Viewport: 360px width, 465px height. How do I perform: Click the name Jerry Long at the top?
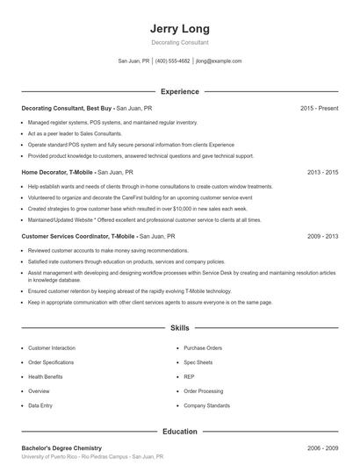(x=179, y=27)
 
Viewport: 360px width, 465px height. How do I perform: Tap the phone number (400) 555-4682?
(x=172, y=61)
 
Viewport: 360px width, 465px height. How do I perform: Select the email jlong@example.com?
(x=219, y=61)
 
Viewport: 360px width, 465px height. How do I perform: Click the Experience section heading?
(x=179, y=91)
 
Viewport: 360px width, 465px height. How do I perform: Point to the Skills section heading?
(x=179, y=327)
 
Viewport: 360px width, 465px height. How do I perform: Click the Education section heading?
(x=179, y=431)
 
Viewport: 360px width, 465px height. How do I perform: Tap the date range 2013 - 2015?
(x=322, y=173)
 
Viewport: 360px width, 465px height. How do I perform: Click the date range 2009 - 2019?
(x=322, y=236)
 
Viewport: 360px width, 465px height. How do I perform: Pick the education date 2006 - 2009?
(x=322, y=447)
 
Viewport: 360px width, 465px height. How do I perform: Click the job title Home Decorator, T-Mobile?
(x=56, y=173)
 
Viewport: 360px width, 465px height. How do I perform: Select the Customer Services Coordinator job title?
(x=77, y=236)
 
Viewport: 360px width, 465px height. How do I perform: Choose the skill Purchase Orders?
(x=202, y=347)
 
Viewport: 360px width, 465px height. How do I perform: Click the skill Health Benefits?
(x=45, y=376)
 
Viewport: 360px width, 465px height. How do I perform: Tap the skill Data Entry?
(x=40, y=405)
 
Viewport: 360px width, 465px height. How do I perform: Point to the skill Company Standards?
(x=207, y=405)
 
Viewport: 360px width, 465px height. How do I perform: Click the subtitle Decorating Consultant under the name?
(x=179, y=42)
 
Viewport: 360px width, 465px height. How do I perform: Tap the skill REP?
(x=189, y=376)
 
